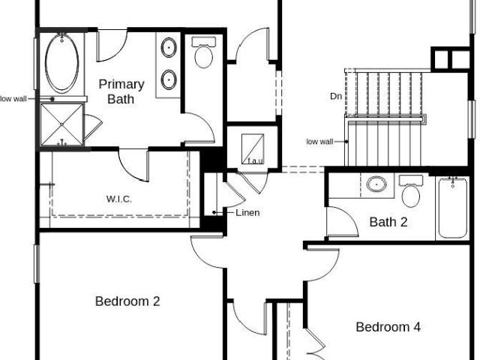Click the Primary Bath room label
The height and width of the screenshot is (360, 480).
[121, 91]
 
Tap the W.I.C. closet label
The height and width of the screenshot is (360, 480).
[119, 199]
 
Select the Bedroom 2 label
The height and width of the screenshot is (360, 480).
[127, 301]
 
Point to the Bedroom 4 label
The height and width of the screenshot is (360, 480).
[388, 327]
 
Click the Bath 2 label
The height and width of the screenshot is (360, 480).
[388, 222]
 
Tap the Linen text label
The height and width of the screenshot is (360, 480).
[247, 212]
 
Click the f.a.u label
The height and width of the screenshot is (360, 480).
[255, 160]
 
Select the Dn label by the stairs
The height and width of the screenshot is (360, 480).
[336, 96]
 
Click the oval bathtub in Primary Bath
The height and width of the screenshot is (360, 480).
[61, 63]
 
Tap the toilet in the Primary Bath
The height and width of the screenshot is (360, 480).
[203, 52]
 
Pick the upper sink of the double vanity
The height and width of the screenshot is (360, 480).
[169, 47]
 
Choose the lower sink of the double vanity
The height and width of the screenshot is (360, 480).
[169, 79]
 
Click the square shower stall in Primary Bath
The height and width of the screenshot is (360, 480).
[61, 124]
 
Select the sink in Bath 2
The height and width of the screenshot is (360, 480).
[376, 184]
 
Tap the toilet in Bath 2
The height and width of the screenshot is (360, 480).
[411, 191]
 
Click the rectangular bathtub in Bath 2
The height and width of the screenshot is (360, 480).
[453, 208]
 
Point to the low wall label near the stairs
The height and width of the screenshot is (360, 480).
[319, 142]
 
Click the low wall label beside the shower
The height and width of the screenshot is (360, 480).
[13, 99]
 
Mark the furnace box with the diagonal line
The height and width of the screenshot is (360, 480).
[253, 148]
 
